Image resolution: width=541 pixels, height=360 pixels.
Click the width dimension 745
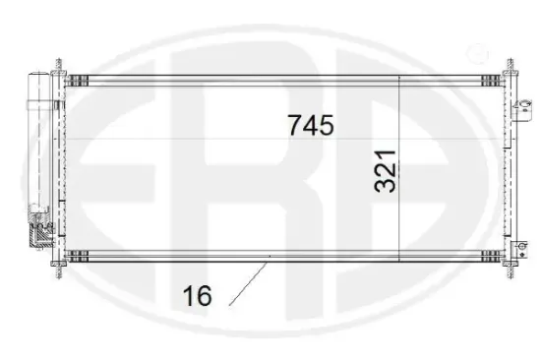coord(310,126)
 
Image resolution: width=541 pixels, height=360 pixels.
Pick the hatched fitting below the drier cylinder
coord(42,234)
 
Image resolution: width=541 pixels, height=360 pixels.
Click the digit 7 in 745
coord(295,126)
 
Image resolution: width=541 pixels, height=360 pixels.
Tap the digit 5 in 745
coord(327,126)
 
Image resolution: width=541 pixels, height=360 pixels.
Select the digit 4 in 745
coord(311,126)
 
